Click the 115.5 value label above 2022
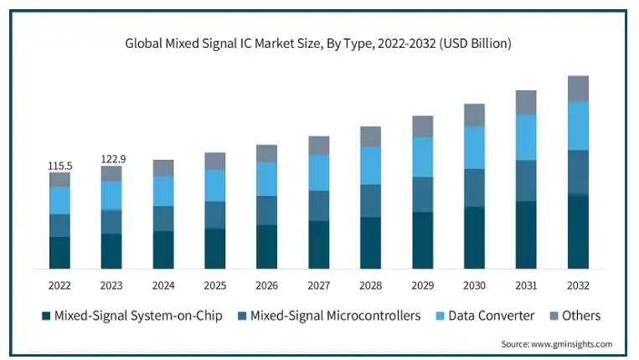pyautogui.click(x=59, y=166)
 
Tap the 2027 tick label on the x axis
pyautogui.click(x=319, y=285)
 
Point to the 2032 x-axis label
pyautogui.click(x=578, y=285)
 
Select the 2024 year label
pyautogui.click(x=163, y=285)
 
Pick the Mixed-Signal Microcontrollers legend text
pyautogui.click(x=334, y=316)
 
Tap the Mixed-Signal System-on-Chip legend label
pyautogui.click(x=138, y=316)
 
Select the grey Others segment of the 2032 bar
pyautogui.click(x=578, y=88)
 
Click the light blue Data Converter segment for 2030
pyautogui.click(x=475, y=147)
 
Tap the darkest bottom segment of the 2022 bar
pyautogui.click(x=59, y=252)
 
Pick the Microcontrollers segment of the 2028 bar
pyautogui.click(x=371, y=201)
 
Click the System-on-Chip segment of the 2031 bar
pyautogui.click(x=526, y=234)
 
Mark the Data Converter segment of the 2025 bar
pyautogui.click(x=215, y=185)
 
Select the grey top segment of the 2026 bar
pyautogui.click(x=267, y=153)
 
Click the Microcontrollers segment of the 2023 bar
pyautogui.click(x=111, y=221)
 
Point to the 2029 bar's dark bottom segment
pyautogui.click(x=423, y=240)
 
